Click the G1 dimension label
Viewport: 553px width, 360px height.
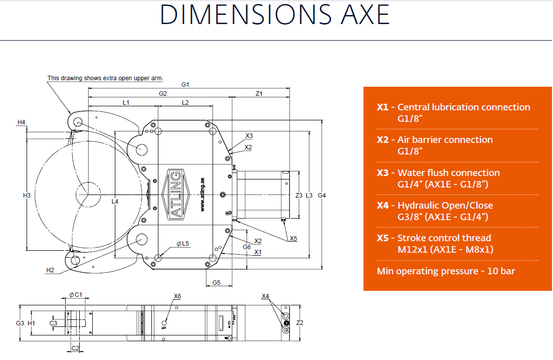coord(185,85)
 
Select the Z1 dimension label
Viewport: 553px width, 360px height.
coord(259,94)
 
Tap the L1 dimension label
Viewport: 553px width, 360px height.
coord(126,103)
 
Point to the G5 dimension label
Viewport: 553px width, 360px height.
coord(217,282)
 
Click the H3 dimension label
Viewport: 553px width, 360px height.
coord(27,196)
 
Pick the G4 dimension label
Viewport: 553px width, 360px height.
coord(322,196)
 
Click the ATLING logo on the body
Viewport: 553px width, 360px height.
coord(175,195)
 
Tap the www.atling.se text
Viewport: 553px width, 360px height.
coord(203,195)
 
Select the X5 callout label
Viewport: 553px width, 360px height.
coord(293,239)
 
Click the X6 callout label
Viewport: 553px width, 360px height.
coord(177,296)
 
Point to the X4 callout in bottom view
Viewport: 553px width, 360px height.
coord(265,296)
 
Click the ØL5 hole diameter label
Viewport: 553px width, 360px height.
coord(182,244)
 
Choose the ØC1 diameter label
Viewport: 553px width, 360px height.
coord(76,295)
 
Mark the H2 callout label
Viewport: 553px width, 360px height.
coord(50,270)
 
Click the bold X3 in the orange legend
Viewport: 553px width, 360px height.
coord(383,173)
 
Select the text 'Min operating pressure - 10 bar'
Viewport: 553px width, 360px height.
coord(446,271)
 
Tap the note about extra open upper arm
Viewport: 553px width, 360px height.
coord(105,78)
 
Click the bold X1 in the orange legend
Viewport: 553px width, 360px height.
coord(383,107)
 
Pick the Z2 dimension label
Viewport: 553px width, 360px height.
coord(300,322)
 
